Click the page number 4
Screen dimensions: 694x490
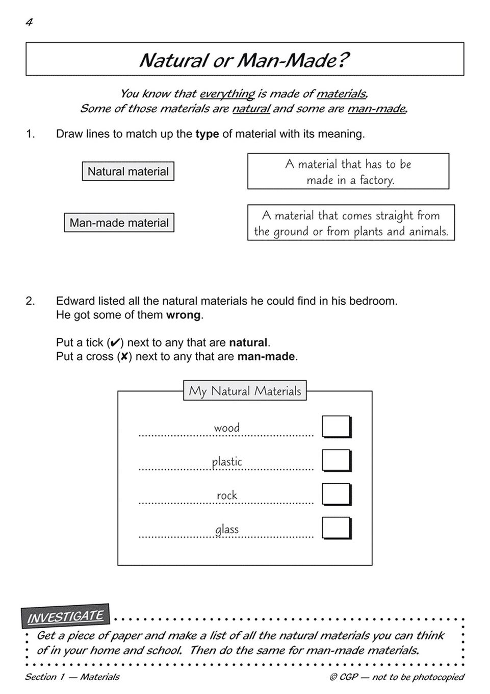point(29,22)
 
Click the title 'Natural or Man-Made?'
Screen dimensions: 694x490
point(244,60)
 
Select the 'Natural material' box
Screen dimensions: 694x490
point(128,171)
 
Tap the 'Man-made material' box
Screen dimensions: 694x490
point(119,223)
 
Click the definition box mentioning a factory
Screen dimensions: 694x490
point(348,171)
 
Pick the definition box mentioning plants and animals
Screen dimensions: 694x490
point(351,223)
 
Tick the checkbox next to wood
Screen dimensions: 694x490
point(336,427)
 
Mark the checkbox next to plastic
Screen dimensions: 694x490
point(336,460)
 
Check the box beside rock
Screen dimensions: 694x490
point(336,494)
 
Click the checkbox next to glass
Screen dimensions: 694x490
point(336,528)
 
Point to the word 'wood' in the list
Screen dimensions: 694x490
point(227,428)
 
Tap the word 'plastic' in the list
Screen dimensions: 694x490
point(227,461)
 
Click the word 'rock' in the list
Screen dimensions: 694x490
point(227,495)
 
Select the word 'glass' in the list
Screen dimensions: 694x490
point(227,529)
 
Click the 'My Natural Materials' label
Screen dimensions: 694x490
point(245,391)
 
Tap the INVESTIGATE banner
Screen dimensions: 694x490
point(65,616)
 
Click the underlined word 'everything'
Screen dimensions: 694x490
point(227,94)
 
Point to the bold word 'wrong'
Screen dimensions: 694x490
point(184,315)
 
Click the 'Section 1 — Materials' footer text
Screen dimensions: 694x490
point(72,677)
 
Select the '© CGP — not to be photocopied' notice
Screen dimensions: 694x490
point(397,677)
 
